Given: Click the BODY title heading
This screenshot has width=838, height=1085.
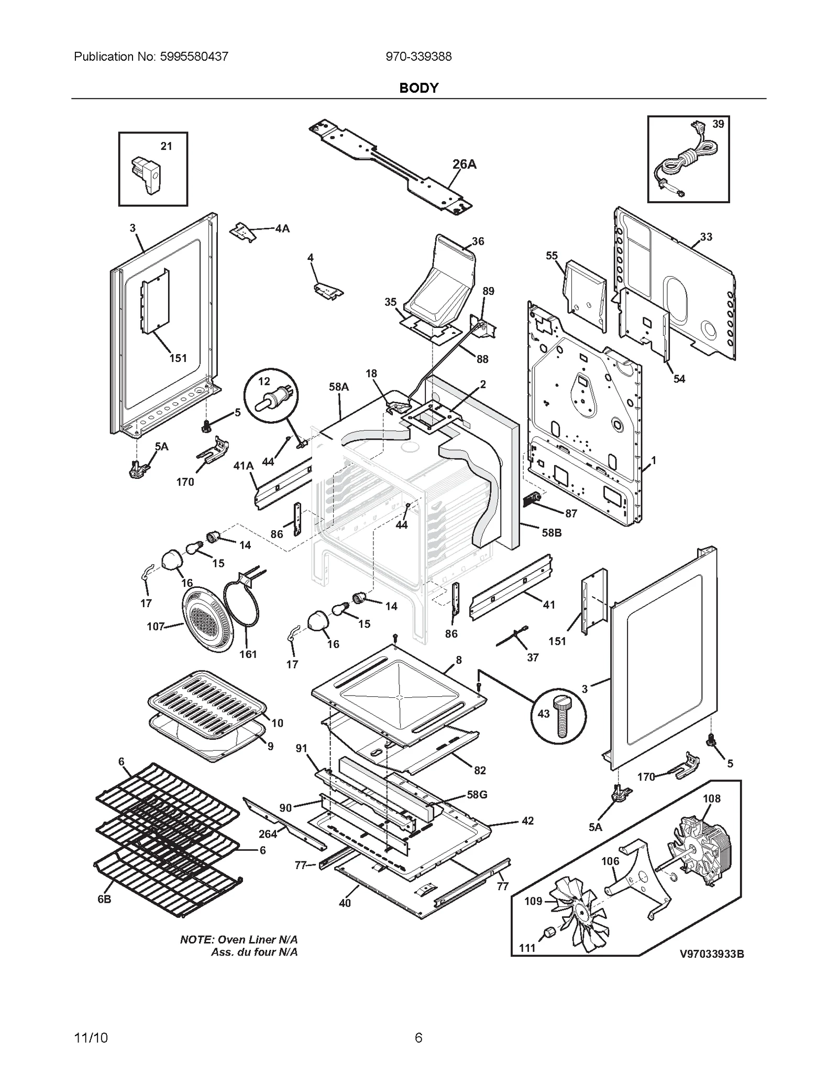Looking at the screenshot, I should pos(418,88).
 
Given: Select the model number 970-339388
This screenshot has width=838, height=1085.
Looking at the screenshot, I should pos(418,57).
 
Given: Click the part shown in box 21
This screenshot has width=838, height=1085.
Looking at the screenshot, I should pos(146,174).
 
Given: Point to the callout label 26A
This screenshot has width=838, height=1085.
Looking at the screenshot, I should pos(464,165).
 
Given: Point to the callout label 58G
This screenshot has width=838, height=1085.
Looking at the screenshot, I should pos(477,795).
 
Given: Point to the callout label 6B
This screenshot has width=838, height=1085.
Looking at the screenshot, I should pos(104,900).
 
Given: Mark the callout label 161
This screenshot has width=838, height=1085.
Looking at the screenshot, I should pos(248,654).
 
